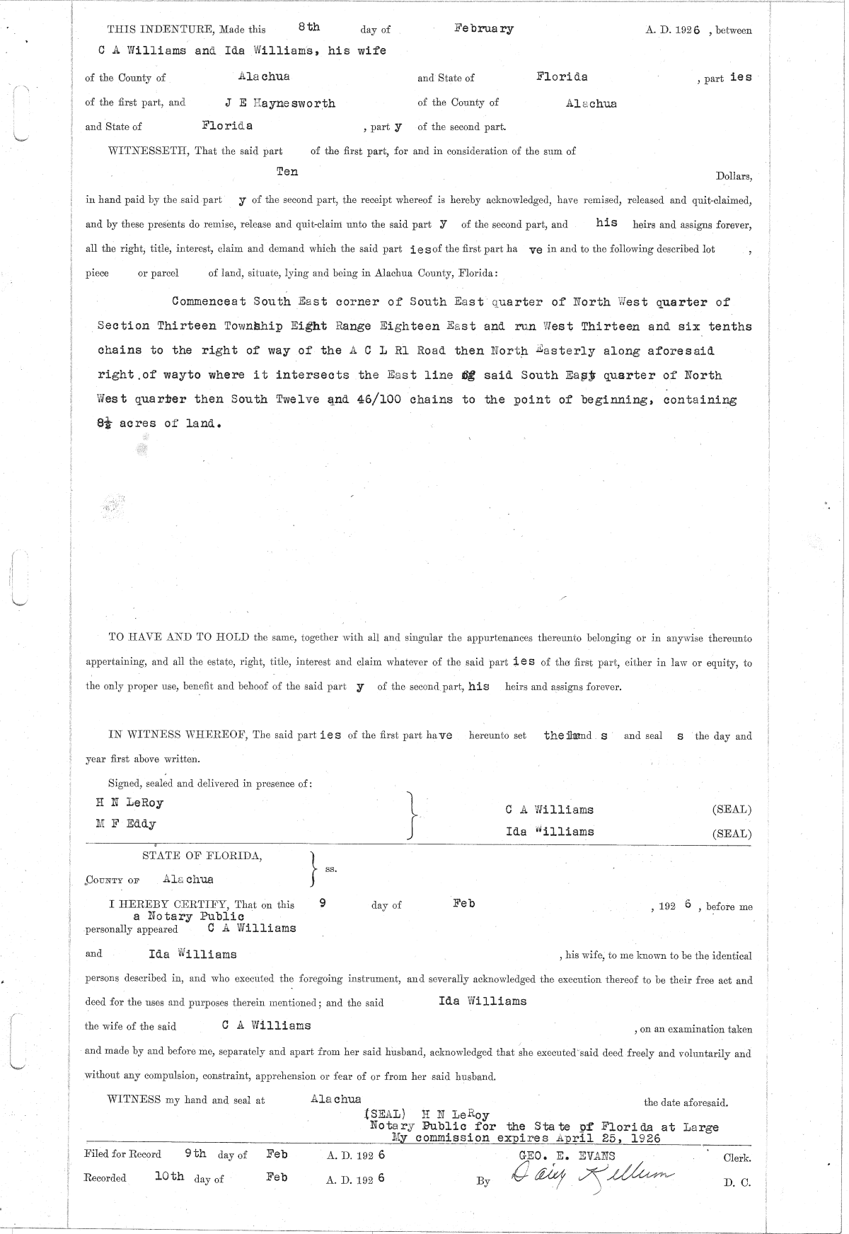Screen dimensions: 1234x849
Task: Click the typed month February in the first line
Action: [484, 29]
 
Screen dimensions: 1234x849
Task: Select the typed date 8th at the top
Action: [308, 28]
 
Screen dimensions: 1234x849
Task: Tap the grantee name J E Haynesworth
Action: [280, 103]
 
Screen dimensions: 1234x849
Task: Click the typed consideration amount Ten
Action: [287, 172]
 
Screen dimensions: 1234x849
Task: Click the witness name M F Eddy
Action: [126, 824]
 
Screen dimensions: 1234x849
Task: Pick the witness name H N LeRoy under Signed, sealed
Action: [129, 803]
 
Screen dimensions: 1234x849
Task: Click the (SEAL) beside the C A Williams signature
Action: [732, 810]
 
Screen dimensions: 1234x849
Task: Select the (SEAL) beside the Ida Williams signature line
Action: [732, 834]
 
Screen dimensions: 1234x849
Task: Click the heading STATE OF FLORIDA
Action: [202, 856]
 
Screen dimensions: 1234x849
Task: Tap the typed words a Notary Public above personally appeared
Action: [189, 916]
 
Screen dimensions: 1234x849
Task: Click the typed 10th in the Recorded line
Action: [169, 1177]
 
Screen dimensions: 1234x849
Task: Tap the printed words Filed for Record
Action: [122, 1155]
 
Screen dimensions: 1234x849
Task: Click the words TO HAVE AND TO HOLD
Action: [178, 637]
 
